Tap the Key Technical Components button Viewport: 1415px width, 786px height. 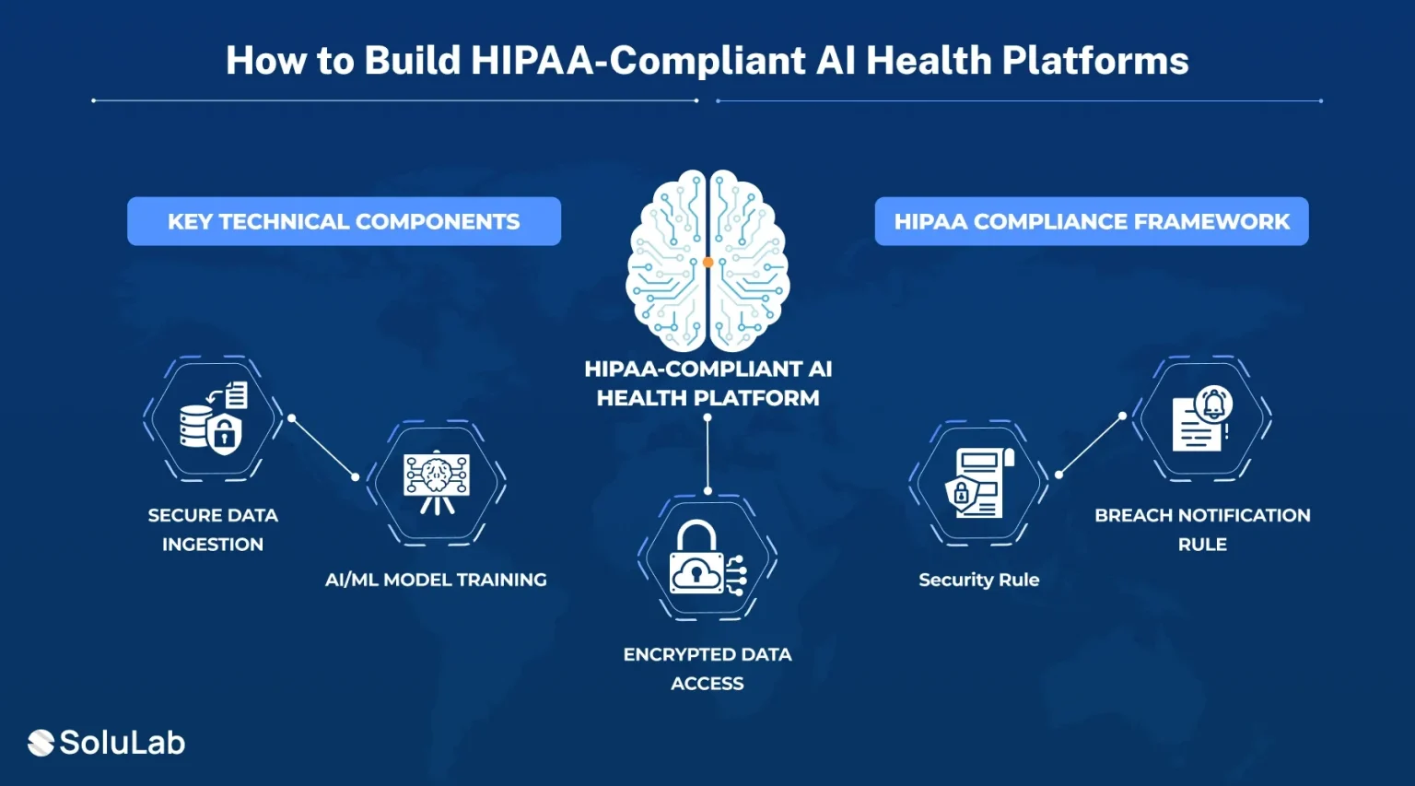[x=345, y=221]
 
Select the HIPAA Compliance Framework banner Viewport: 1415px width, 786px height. [x=1092, y=221]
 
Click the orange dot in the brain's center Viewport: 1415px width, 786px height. [x=707, y=263]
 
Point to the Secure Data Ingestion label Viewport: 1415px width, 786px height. [x=213, y=530]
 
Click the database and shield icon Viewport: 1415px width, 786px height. [x=214, y=417]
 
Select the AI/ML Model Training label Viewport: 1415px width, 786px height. [x=436, y=580]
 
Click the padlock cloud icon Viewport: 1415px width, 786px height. [x=707, y=557]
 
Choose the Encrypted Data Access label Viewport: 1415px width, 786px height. [x=707, y=668]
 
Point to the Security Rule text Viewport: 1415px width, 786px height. [x=979, y=580]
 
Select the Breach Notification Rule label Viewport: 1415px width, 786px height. [x=1203, y=530]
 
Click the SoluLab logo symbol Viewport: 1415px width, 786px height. [x=41, y=743]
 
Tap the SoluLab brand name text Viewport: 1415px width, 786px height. [x=123, y=743]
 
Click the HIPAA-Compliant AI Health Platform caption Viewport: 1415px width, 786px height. [x=707, y=383]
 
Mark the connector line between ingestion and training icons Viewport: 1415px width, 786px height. [x=323, y=447]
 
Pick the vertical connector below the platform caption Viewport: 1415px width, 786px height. [x=707, y=454]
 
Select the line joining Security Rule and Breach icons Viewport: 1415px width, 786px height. [x=1091, y=445]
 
